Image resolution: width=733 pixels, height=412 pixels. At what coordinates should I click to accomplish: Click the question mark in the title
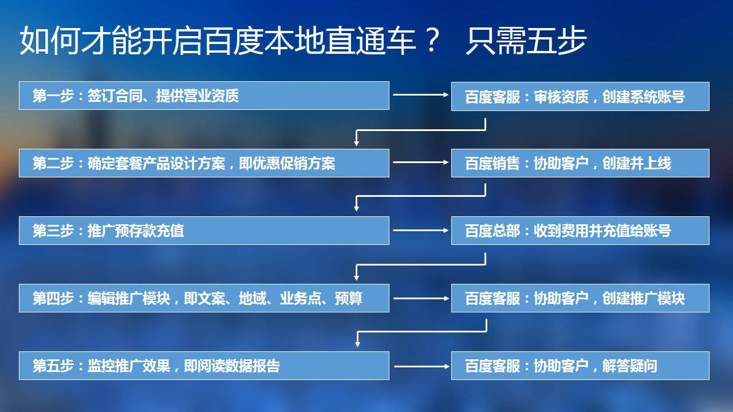(432, 40)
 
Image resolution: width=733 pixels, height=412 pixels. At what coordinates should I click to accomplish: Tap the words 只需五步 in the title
(526, 41)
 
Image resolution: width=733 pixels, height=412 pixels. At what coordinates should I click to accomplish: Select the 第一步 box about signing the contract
(204, 96)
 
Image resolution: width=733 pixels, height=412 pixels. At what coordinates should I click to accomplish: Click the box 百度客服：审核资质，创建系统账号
(580, 97)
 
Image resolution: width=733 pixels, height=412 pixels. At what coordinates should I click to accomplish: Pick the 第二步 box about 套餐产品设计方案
(204, 163)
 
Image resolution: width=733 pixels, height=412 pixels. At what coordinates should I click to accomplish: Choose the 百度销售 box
(580, 163)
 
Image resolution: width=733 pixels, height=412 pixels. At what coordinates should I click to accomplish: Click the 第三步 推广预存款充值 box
(204, 231)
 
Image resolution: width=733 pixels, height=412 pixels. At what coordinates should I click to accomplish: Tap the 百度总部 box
(580, 231)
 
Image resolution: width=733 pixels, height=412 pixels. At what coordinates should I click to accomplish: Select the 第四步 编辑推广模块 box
(204, 298)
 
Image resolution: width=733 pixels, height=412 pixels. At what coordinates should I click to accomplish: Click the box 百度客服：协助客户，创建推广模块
(580, 298)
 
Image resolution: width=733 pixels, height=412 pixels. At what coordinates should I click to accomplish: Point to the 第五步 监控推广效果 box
(204, 366)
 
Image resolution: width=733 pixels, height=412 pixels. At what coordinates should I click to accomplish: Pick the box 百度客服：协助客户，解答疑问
(580, 366)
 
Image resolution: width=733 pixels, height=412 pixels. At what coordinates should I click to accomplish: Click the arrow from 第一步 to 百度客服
(421, 94)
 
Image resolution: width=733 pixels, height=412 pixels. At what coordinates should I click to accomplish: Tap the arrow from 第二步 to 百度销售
(421, 162)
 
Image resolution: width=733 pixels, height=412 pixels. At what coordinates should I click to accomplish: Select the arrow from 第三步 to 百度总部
(421, 231)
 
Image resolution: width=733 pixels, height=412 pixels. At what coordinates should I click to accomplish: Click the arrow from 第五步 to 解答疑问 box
(422, 367)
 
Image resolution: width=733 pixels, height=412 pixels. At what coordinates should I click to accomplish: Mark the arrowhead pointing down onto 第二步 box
(356, 143)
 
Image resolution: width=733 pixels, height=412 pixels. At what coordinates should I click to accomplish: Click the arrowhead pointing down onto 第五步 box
(358, 344)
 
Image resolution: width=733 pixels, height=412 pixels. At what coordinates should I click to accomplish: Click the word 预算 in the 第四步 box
(349, 298)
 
